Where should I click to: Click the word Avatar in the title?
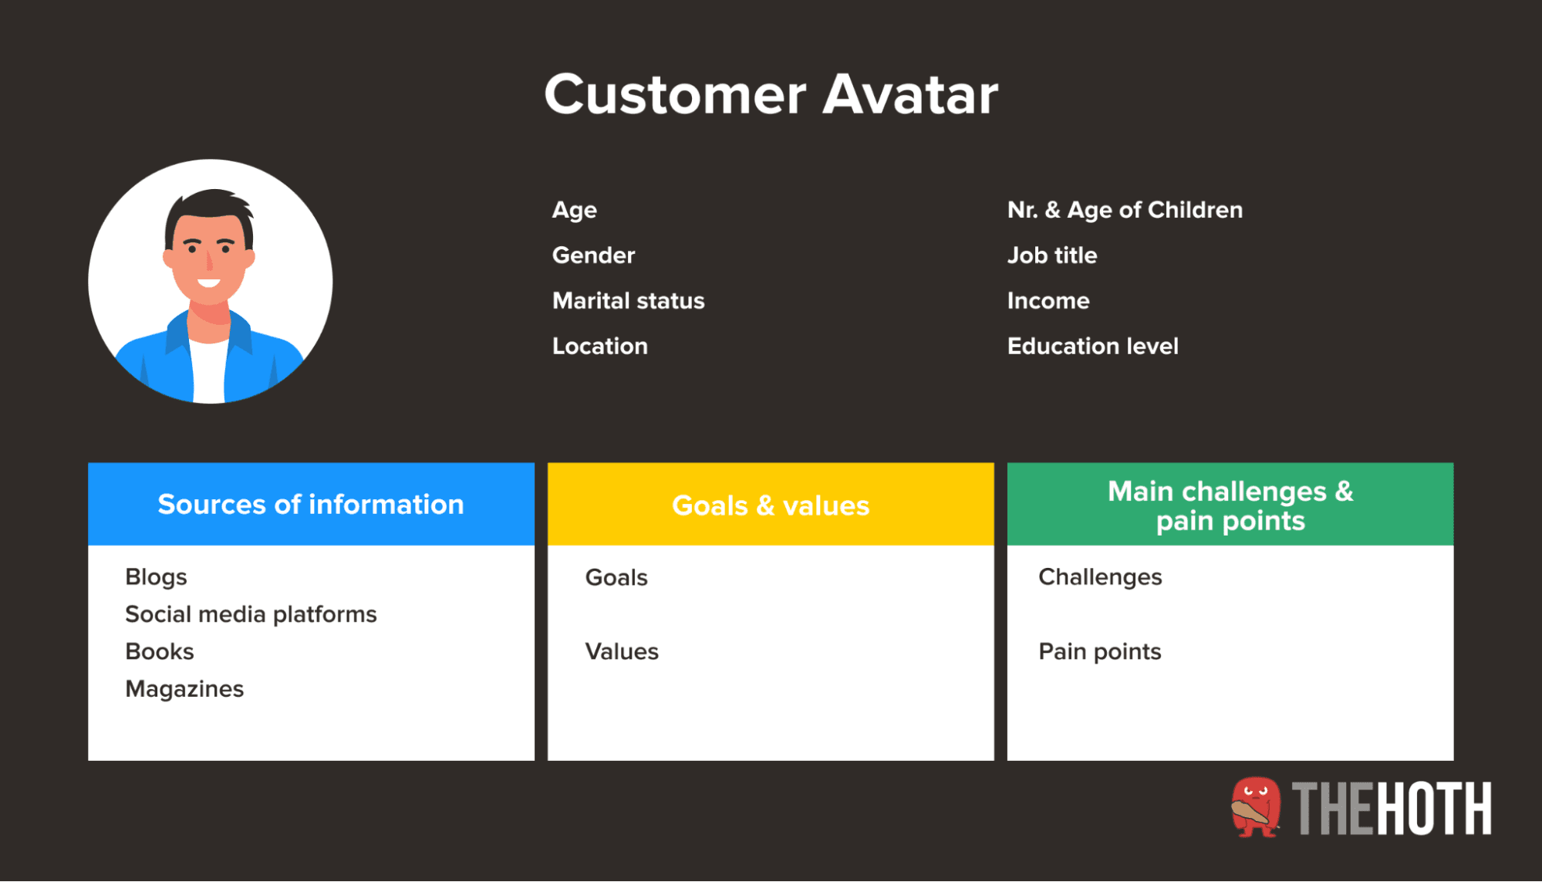coord(910,95)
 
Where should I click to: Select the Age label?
coord(574,210)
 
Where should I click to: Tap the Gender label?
coord(593,255)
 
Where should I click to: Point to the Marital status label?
coord(628,301)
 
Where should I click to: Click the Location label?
coord(599,346)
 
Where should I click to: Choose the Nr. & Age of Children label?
coord(1125,210)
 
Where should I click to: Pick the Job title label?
coord(1051,255)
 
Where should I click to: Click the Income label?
coord(1048,301)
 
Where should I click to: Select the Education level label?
coord(1092,346)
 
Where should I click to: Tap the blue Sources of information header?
coord(311,505)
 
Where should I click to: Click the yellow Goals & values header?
coord(771,505)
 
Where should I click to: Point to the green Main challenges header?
coord(1230,505)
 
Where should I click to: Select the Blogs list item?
coord(156,577)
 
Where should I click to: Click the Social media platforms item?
coord(251,614)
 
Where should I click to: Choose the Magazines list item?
coord(184,689)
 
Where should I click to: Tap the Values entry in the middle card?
coord(622,652)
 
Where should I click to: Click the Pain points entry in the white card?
coord(1099,652)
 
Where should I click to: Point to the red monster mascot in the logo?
coord(1256,807)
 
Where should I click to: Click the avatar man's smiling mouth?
coord(208,282)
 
